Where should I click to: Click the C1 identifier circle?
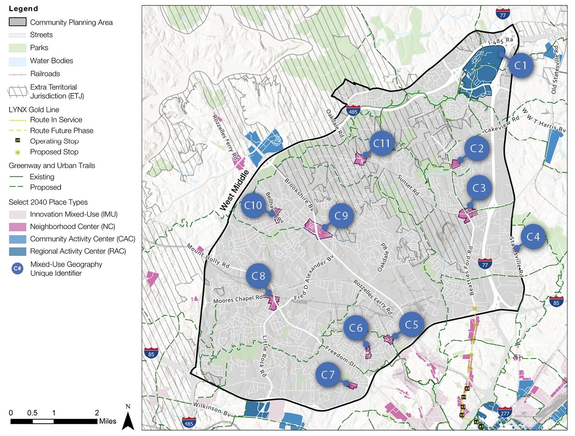pos(520,66)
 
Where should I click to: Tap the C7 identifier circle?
pos(328,375)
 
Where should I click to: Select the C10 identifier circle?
pos(253,205)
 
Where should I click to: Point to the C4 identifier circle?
pos(533,237)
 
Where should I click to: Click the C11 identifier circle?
pos(382,144)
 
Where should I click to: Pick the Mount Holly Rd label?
pos(208,255)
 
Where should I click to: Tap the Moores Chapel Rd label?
pos(238,299)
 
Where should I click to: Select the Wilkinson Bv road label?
pos(212,408)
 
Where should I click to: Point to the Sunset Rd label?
pos(408,185)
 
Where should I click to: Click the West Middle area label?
pos(235,190)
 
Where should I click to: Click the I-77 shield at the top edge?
pos(503,13)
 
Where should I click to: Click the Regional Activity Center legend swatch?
pos(17,251)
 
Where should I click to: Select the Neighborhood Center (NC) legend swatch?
pos(17,226)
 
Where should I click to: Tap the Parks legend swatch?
pos(17,48)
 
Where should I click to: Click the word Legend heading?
pos(23,9)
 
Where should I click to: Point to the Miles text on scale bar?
pos(108,421)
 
